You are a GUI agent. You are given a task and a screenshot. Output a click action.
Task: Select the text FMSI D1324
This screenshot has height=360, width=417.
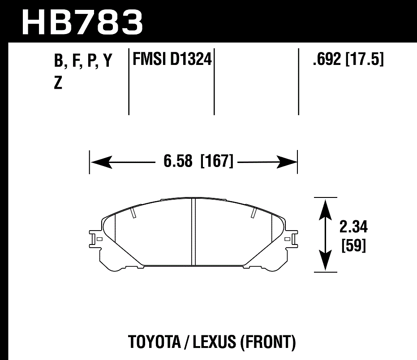[171, 59]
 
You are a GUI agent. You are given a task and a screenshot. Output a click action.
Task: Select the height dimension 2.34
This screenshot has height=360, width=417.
[353, 227]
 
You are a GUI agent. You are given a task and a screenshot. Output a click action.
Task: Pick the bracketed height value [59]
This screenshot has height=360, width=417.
[353, 246]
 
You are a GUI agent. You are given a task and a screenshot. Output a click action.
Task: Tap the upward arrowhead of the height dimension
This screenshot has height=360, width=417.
[325, 207]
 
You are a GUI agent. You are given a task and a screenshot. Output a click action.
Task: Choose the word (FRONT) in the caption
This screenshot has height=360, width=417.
[268, 343]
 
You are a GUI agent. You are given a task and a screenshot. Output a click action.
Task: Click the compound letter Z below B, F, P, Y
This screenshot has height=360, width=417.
[58, 83]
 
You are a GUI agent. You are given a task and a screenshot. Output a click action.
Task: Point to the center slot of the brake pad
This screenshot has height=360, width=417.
[194, 231]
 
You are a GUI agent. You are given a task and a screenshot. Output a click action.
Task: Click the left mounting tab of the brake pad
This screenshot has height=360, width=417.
[95, 239]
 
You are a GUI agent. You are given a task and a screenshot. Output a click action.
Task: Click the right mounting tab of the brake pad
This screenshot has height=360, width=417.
[292, 239]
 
